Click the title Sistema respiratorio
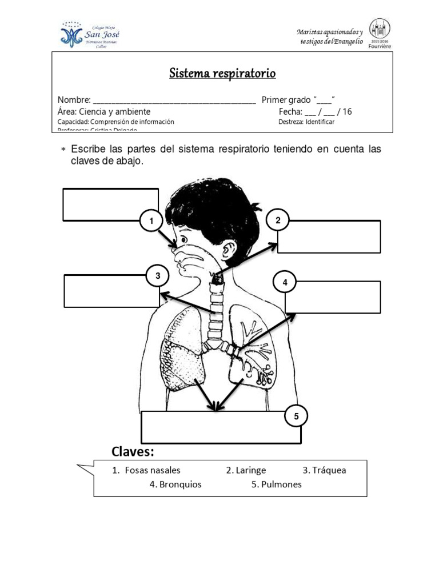pos(222,74)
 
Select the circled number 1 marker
pos(151,221)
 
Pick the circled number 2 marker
pos(278,221)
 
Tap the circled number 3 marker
pos(157,277)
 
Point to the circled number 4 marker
pos(285,282)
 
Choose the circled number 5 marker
pos(296,416)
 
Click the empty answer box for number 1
pos(110,204)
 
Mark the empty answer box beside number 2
pos(329,237)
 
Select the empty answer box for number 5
pos(220,426)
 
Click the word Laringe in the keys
pos(246,470)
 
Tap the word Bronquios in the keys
pos(175,484)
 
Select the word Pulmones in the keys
pos(276,484)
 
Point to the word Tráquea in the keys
pos(324,470)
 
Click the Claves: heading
pos(133,452)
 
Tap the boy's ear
pos(229,250)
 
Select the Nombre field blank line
pos(174,101)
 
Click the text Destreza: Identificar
pos(307,122)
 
